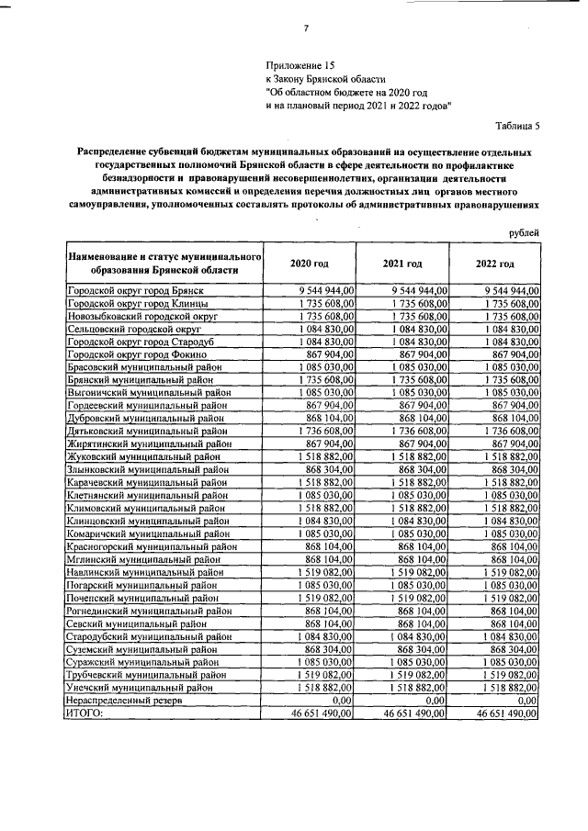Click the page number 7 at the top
(x=304, y=28)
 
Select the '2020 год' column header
(x=309, y=264)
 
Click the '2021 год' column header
(x=402, y=264)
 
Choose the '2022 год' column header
(x=495, y=264)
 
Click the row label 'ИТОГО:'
(x=85, y=712)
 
